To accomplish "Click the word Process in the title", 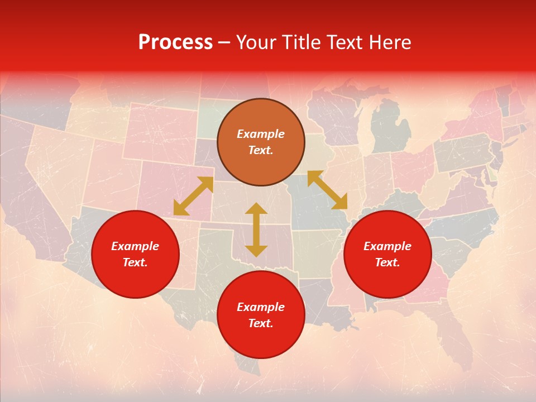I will tap(175, 42).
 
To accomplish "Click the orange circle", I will tap(261, 142).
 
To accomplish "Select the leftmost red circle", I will tap(135, 254).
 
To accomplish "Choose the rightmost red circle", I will tap(387, 254).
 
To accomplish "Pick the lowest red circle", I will tap(261, 315).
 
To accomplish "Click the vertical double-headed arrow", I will tap(256, 229).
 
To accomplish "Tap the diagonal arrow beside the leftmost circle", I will tap(193, 196).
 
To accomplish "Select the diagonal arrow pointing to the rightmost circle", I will tap(327, 190).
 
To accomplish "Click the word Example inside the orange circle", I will tap(261, 134).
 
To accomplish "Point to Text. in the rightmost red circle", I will tap(387, 262).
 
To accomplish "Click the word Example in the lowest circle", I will tap(261, 307).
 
